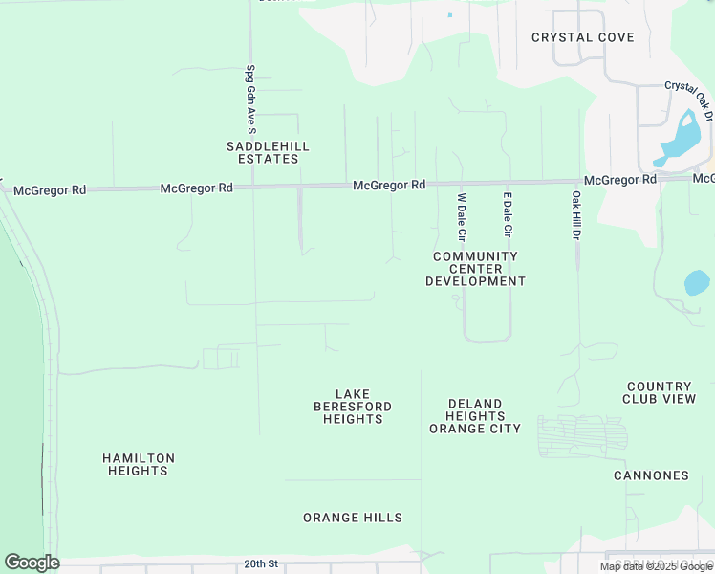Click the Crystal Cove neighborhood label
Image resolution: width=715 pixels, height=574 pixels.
tap(583, 37)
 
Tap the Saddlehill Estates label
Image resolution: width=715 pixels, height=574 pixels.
tap(268, 152)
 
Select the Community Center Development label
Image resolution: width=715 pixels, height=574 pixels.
tap(475, 269)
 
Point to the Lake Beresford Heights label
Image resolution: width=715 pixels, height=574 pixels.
tap(353, 407)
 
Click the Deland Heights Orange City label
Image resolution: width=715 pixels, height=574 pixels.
tap(475, 416)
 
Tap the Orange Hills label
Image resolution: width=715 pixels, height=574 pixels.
tap(353, 518)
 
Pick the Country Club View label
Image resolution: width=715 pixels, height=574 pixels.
tap(660, 392)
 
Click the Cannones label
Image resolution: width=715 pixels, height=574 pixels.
tap(651, 475)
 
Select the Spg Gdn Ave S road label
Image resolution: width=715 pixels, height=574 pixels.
tap(250, 99)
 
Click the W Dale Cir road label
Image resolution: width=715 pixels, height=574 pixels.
tap(462, 216)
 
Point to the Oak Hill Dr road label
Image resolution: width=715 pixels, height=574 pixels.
tap(576, 215)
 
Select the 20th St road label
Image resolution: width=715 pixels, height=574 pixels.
tap(260, 564)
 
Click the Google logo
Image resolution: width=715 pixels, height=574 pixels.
tap(32, 563)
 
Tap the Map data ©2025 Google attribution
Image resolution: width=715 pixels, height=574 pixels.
tap(656, 566)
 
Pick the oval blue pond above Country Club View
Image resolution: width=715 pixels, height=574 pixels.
tap(697, 283)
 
